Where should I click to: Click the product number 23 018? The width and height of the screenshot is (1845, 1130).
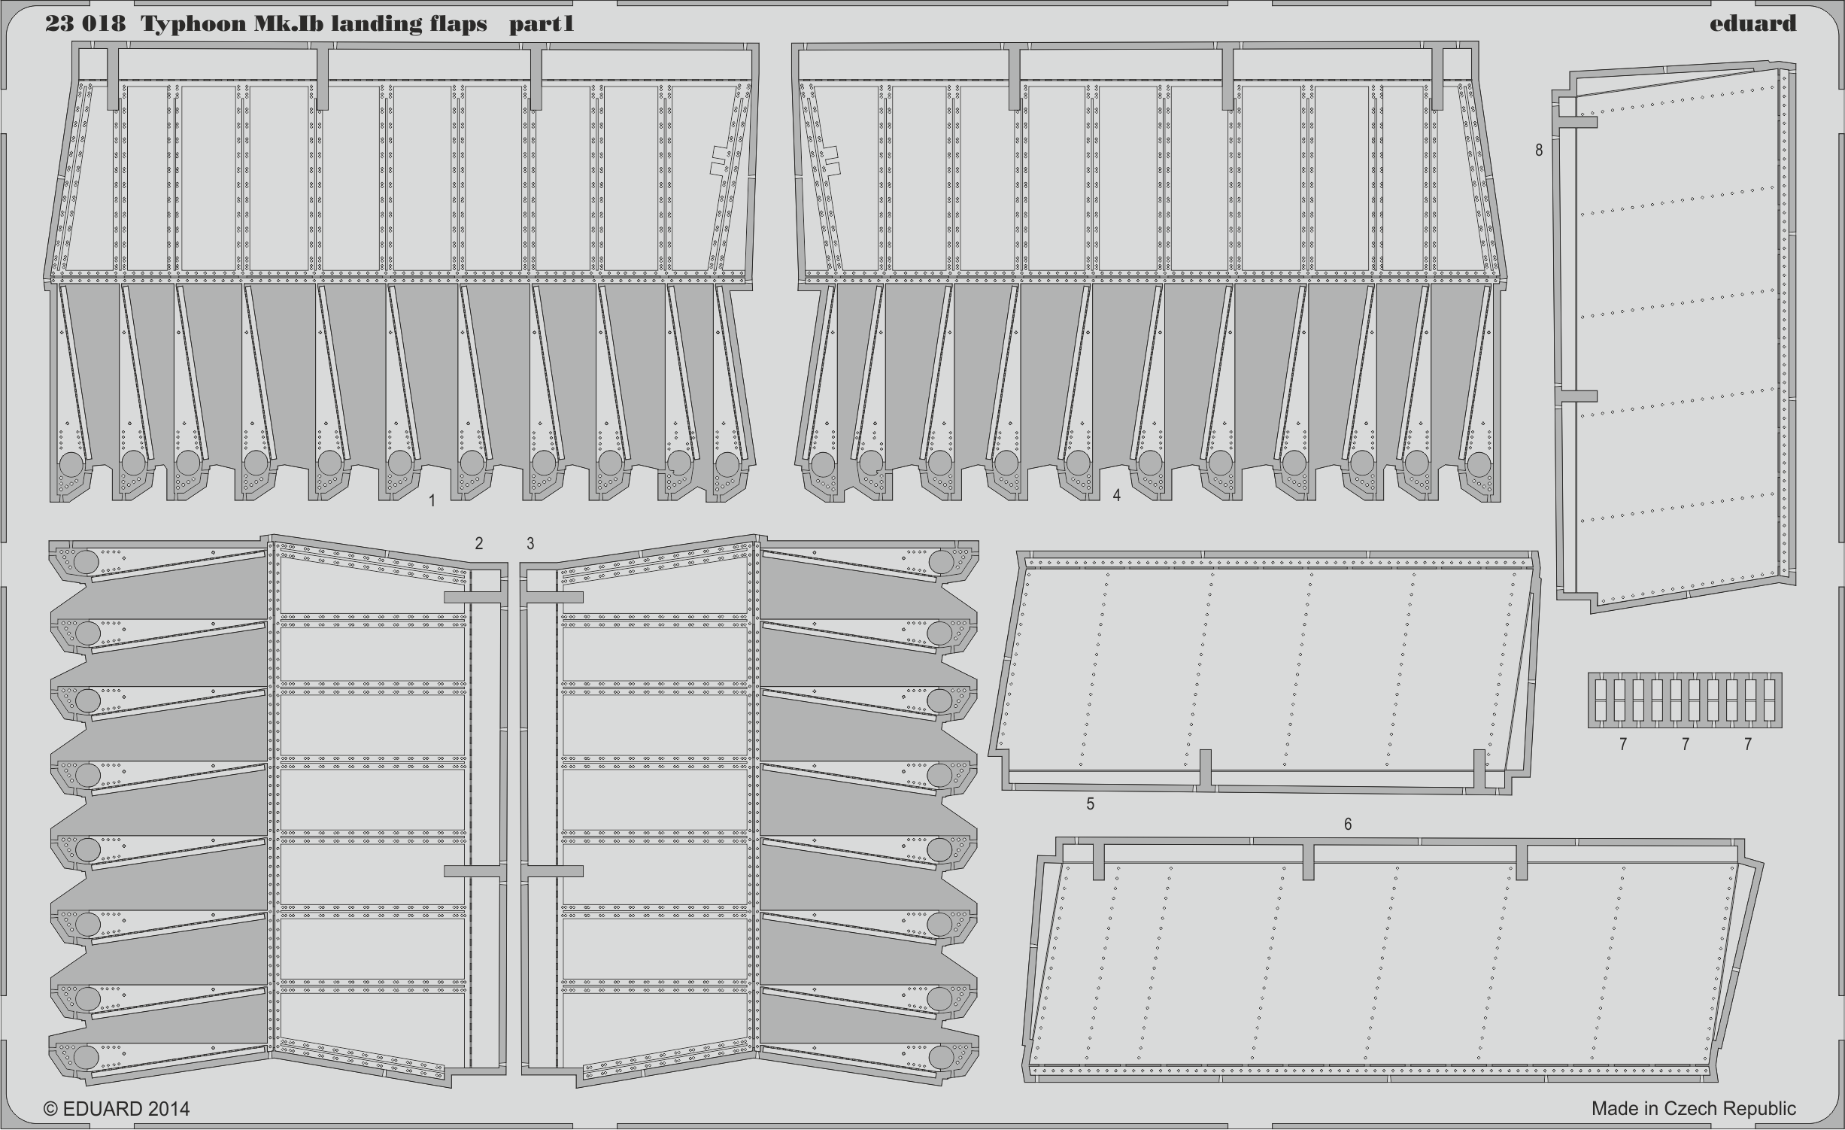click(x=85, y=24)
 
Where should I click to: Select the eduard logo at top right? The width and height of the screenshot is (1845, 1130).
click(x=1752, y=23)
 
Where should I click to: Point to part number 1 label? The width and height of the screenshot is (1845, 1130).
click(x=432, y=500)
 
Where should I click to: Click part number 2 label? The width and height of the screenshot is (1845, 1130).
click(x=478, y=543)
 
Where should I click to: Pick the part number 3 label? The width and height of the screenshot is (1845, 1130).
click(x=530, y=543)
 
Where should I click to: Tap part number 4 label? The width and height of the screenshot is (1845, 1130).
click(x=1116, y=495)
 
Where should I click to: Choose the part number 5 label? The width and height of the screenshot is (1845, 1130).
click(x=1090, y=804)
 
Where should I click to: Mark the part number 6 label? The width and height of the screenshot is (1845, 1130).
click(x=1347, y=825)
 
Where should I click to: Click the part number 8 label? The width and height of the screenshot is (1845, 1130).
click(x=1539, y=150)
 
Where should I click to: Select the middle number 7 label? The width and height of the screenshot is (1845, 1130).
click(x=1686, y=744)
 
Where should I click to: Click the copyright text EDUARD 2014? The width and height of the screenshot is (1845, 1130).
click(x=117, y=1109)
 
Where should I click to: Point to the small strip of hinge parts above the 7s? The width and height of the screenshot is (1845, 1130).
click(x=1685, y=700)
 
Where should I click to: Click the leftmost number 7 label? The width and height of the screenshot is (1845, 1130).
click(x=1623, y=744)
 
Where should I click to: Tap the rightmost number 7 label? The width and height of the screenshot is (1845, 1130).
click(x=1748, y=744)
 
